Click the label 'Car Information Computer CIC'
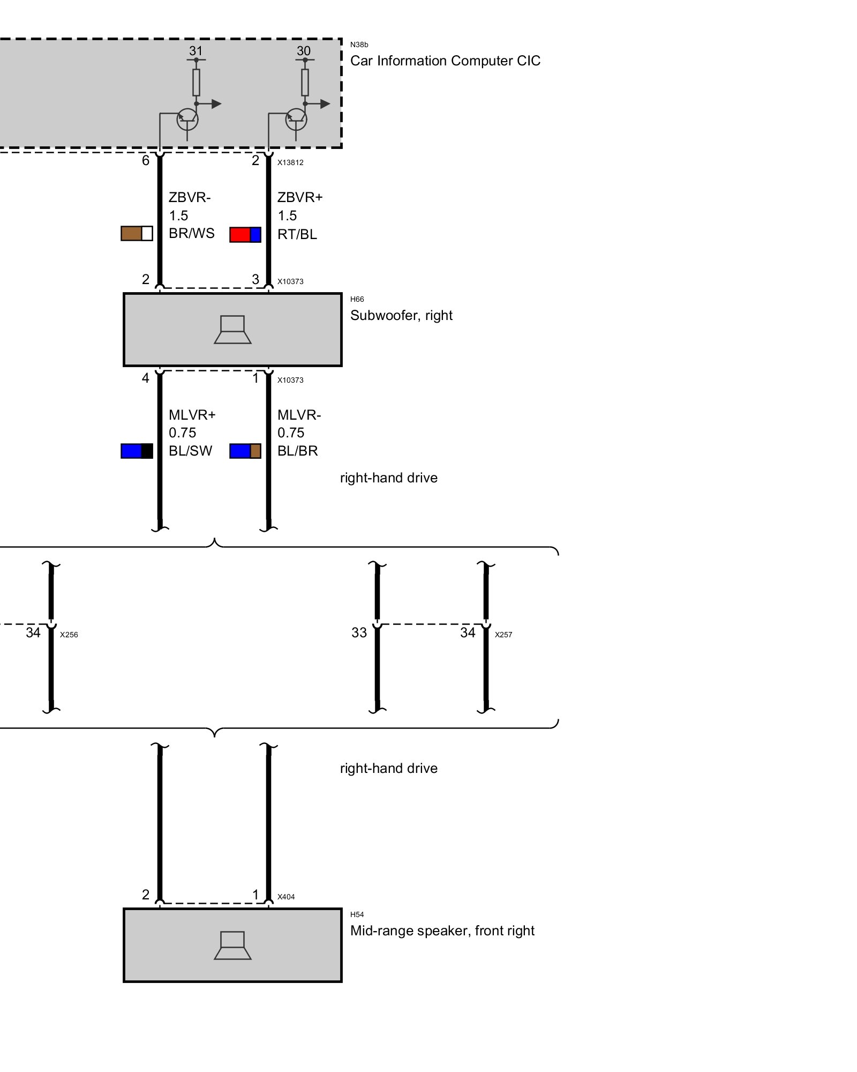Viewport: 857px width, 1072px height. coord(445,61)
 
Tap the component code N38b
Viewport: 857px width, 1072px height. coord(359,45)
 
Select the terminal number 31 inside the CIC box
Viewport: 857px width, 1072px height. coord(196,51)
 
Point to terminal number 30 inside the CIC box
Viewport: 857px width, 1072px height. coord(303,51)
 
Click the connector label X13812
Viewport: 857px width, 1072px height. coord(290,163)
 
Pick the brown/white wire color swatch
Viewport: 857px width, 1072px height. coord(137,234)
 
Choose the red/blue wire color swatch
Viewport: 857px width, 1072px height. coord(245,235)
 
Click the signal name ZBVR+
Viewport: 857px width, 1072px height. coord(300,197)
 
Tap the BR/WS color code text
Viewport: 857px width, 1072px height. coord(191,234)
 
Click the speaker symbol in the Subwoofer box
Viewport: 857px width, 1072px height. coord(232,330)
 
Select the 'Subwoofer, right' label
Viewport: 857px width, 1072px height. coord(401,316)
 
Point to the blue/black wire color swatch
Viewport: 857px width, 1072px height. coord(137,451)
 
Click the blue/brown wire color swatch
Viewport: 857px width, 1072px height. coord(245,451)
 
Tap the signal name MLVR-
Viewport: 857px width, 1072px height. coord(299,415)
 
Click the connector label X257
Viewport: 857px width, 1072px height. coord(503,635)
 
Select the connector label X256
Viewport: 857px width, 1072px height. coord(69,635)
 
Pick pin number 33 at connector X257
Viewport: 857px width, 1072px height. coord(359,633)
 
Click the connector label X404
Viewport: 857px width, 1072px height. coord(286,897)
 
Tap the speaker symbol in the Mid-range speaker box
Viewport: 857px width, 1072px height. coord(232,946)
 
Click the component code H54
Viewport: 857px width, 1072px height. coord(357,915)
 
